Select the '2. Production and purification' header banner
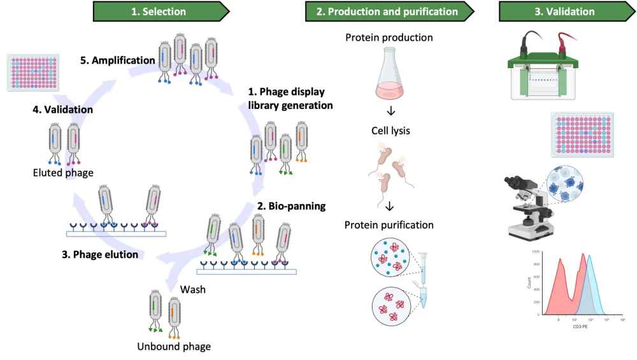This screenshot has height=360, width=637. pos(389,11)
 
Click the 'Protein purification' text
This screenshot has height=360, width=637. pos(389,224)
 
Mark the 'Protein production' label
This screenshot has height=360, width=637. pos(389,37)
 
